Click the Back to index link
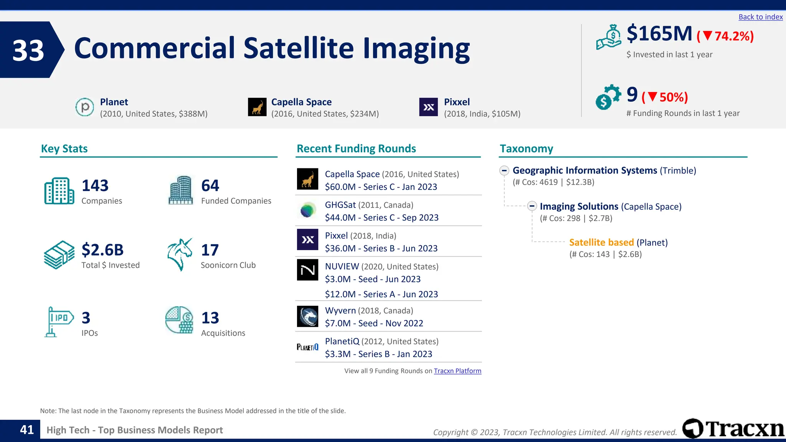coord(760,17)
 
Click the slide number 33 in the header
coord(28,50)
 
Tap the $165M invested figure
coord(659,34)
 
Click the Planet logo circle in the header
coord(85,107)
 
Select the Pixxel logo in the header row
coord(428,107)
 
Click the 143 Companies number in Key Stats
coord(95,186)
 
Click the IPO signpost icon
coord(58,322)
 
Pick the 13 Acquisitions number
coord(210,318)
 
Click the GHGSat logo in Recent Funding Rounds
coord(307,210)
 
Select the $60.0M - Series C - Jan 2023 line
coord(381,187)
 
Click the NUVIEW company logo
coord(307,270)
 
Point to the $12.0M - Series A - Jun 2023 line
coord(381,294)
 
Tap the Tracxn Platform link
coord(457,371)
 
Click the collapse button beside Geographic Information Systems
coord(504,170)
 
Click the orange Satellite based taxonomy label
coord(601,242)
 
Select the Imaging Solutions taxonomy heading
coord(579,206)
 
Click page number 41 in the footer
coord(27,430)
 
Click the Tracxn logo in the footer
coord(733,429)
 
